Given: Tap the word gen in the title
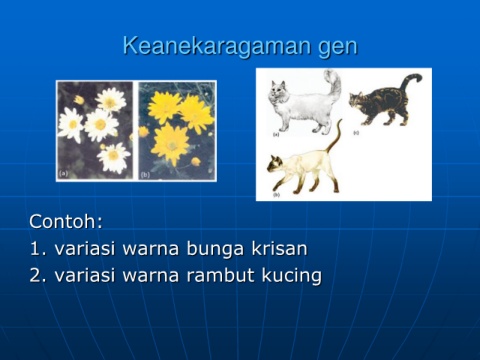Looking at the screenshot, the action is (x=338, y=48).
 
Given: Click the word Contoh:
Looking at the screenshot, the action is (x=66, y=221).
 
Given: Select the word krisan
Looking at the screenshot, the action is (x=279, y=248).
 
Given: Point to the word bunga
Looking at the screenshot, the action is (x=214, y=250).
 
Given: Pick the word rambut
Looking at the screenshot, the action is (x=220, y=275).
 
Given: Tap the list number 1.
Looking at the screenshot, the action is (x=38, y=249).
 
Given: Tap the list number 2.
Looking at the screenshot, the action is (x=38, y=276).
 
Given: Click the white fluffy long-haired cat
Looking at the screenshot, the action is (x=305, y=103).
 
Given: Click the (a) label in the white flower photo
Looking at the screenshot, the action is (x=63, y=173).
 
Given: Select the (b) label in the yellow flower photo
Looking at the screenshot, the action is (x=145, y=174).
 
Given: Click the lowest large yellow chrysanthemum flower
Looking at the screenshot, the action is (x=171, y=144).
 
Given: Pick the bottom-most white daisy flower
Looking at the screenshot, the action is (x=113, y=157).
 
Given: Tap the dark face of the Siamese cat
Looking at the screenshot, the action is (x=275, y=164).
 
